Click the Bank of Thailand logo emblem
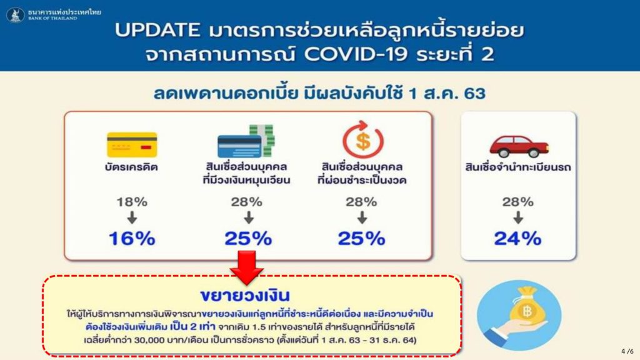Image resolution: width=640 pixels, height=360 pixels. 15,15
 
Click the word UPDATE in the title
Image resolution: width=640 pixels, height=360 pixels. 157,30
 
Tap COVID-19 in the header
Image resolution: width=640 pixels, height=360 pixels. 356,54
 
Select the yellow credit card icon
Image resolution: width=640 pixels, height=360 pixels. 132,144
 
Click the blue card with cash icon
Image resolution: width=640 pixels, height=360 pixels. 246,141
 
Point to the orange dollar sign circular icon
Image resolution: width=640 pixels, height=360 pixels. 362,139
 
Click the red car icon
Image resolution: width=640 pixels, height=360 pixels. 519,146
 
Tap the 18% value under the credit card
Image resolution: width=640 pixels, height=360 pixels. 132,202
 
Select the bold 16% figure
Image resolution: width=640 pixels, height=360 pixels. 132,238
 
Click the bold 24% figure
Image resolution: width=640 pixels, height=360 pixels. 517,238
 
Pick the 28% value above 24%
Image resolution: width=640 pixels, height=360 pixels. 517,202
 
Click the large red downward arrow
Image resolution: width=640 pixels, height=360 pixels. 246,267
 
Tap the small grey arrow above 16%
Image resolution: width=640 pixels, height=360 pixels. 132,217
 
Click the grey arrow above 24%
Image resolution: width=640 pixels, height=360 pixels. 518,217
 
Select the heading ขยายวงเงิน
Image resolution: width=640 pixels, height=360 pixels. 245,295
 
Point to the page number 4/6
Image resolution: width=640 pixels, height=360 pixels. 627,351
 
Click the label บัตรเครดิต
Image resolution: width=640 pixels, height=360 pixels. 131,167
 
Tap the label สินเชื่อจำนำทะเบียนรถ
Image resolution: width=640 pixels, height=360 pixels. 518,167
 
